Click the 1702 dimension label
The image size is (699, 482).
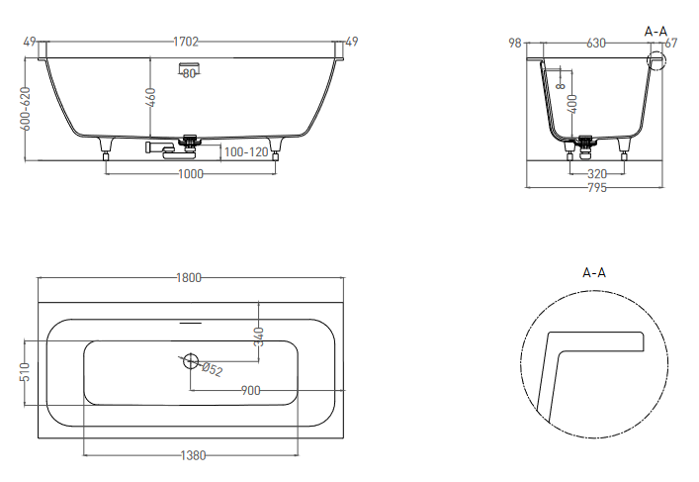186,42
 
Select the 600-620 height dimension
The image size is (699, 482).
26,109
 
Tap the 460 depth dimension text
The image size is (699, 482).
150,98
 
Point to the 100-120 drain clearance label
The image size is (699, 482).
246,152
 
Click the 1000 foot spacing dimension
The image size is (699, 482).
191,173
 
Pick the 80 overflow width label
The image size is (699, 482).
189,73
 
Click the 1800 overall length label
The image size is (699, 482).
189,278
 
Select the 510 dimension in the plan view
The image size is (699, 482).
25,372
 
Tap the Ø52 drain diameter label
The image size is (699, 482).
212,369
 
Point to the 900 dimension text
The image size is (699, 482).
250,391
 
